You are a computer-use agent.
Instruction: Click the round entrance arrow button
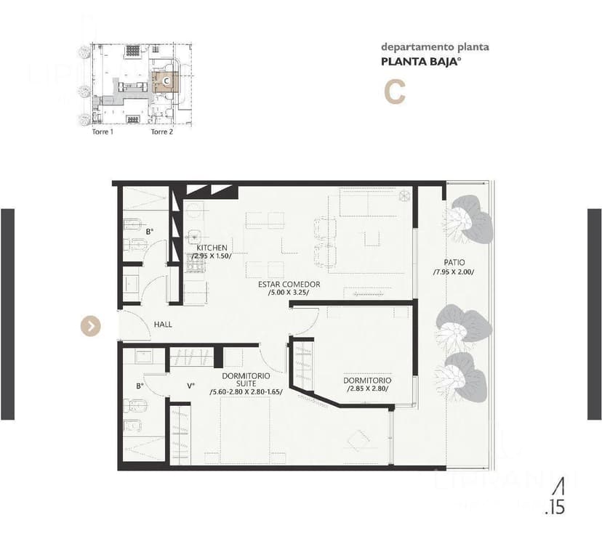pos(90,326)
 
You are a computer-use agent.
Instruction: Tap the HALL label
pos(163,324)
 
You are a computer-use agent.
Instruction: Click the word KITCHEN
pos(212,248)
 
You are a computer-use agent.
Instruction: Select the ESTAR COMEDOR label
pos(289,284)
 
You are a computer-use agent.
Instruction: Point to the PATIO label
pos(454,262)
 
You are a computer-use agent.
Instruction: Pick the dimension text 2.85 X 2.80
pos(367,389)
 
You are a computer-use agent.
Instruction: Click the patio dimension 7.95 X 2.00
pos(454,272)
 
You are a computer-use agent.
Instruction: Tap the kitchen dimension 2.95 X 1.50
pos(212,256)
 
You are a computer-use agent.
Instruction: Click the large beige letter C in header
pos(394,92)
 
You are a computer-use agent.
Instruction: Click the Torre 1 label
pos(102,132)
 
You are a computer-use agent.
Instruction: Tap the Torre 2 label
pos(161,132)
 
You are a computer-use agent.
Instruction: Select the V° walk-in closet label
pos(190,386)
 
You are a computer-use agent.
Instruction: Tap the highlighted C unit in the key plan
pos(166,81)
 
